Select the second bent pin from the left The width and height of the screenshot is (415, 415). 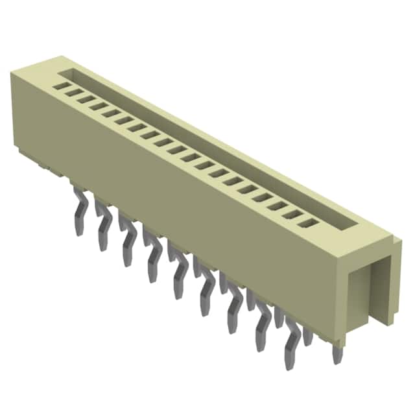click(x=102, y=226)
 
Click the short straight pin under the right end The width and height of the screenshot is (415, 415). click(x=337, y=353)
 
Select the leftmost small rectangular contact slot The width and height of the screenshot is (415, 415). click(x=62, y=84)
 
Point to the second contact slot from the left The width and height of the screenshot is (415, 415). click(x=73, y=91)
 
